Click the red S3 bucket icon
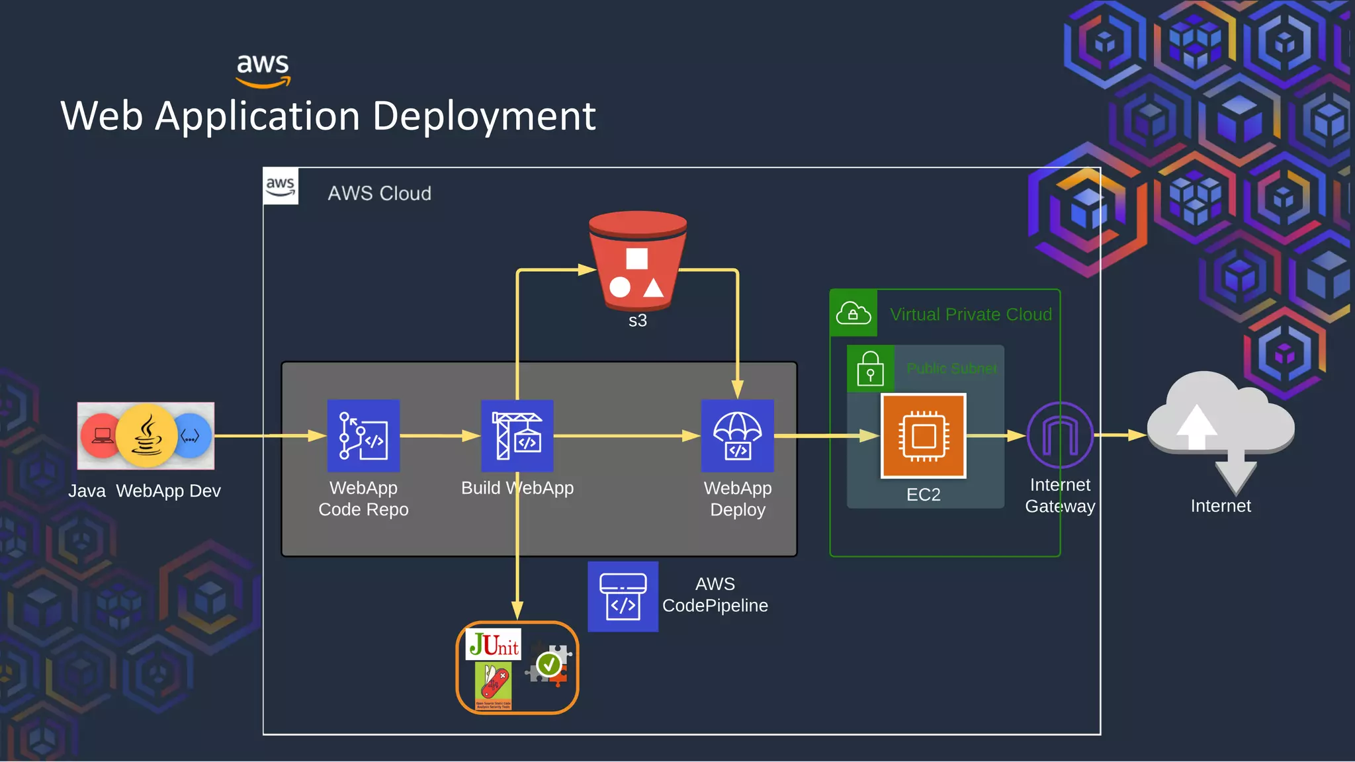coord(637,261)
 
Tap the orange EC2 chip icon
coord(923,436)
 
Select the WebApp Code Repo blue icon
coord(363,436)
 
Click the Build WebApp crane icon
coord(517,436)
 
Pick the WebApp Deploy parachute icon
coord(737,436)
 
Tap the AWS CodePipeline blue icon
coord(623,597)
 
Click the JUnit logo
coord(494,644)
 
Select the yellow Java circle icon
coord(146,436)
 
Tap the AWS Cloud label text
coord(379,193)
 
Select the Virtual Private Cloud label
coord(970,314)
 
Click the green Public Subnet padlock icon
coord(870,368)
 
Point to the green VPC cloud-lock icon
coord(853,313)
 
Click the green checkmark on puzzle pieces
coord(548,664)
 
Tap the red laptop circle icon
coord(101,436)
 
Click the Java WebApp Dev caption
coord(144,491)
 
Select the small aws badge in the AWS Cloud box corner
coord(281,187)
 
